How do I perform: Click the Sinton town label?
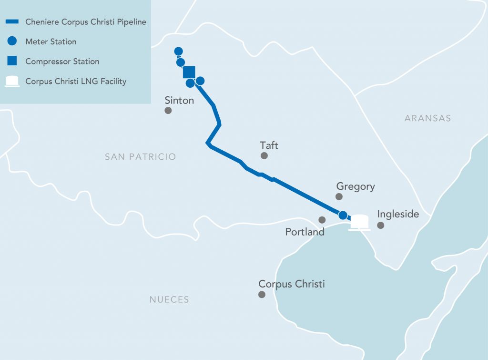tap(179, 101)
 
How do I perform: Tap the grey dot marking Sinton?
tap(168, 111)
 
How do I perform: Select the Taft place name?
tap(269, 145)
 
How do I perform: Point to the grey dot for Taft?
tap(264, 156)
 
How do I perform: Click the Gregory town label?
tap(356, 186)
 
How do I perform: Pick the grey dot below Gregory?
tap(339, 196)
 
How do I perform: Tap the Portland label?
tap(305, 232)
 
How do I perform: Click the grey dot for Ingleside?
tap(381, 225)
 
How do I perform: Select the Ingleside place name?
tap(398, 214)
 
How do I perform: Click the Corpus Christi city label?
tap(292, 284)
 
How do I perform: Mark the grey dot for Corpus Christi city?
tap(262, 295)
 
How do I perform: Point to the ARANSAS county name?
tap(427, 118)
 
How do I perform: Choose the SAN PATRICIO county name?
tap(141, 157)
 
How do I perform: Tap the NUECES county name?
tap(169, 300)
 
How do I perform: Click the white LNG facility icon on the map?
tap(359, 222)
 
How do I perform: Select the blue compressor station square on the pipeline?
tap(189, 72)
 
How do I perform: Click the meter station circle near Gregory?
tap(343, 215)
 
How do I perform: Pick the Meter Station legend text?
tap(51, 41)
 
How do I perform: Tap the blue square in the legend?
tap(12, 61)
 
